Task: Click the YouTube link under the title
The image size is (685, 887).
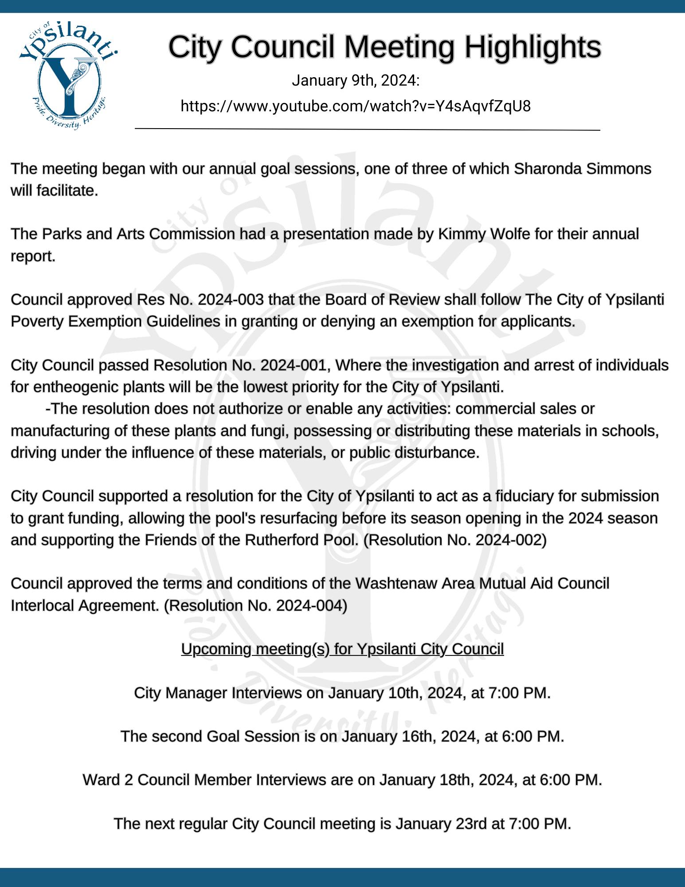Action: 356,106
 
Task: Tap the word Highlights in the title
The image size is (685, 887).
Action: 532,47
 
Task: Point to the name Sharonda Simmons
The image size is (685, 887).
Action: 582,169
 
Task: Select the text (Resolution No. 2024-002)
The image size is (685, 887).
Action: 455,540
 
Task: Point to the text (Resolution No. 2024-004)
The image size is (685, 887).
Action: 255,605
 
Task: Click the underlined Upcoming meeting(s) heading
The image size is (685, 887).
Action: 342,649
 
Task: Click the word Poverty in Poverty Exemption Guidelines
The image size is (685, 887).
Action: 37,322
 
